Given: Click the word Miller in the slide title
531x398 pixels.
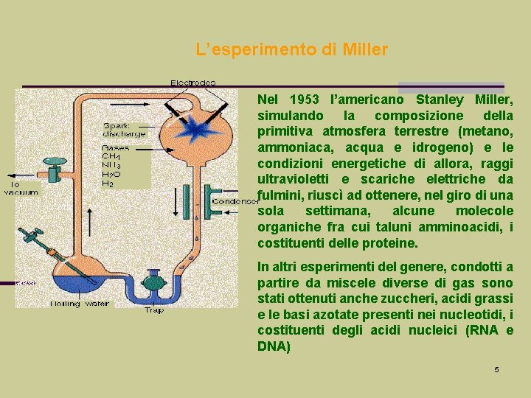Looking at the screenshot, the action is coord(365,51).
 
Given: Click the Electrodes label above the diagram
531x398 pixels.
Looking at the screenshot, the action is coord(193,83).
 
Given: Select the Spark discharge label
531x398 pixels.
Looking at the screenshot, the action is coord(124,129).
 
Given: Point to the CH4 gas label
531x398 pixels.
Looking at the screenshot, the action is coord(111,156).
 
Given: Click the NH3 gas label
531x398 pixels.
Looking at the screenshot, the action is coord(111,165).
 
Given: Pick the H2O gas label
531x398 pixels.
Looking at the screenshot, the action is coord(111,175).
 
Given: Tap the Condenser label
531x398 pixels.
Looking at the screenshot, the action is coord(234,201).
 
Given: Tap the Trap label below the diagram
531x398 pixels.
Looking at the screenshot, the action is coord(154,310).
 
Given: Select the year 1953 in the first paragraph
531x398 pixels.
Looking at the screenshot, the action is coord(304,99).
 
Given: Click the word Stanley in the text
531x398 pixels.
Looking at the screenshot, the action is coord(440,99).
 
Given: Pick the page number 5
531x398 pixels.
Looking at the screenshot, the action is coord(496,369).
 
